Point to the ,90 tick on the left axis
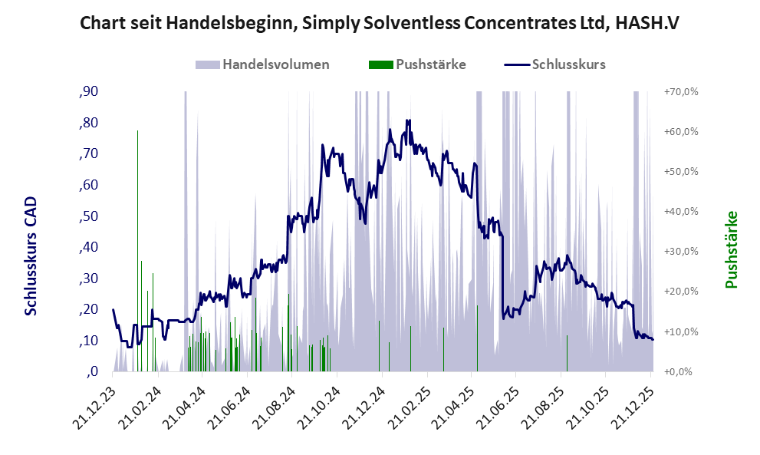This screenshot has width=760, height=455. (89, 92)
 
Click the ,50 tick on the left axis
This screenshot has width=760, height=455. (89, 216)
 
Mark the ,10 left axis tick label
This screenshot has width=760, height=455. (89, 341)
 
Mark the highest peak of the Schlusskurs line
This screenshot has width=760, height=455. (409, 120)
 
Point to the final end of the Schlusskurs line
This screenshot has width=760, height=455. (653, 340)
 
